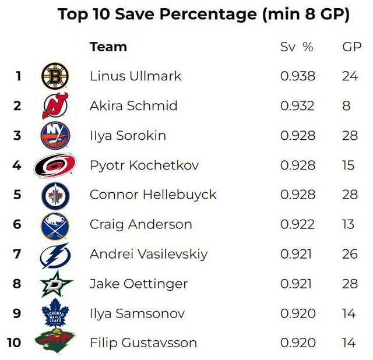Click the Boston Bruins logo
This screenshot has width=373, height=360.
coord(55,76)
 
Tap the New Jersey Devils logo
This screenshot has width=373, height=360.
coord(55,106)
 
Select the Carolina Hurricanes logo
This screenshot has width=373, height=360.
coord(55,165)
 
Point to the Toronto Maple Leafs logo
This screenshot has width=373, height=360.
coord(55,313)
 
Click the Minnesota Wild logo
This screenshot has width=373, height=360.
coord(55,342)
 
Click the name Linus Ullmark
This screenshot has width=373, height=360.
coord(135,76)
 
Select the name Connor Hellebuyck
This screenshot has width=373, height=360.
coord(153,195)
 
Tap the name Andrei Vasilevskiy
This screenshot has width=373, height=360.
coord(148,254)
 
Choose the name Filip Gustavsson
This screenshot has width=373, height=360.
coord(143,343)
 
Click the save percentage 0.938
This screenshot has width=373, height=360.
coord(297,76)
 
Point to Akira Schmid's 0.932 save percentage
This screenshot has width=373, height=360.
coord(297,106)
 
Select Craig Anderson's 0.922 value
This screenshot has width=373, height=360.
coord(297,224)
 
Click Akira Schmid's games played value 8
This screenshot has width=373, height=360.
coord(346,106)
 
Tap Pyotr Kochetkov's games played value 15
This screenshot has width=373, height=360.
coord(348,165)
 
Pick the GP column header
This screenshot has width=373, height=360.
coord(351,47)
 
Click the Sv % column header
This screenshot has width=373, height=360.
coord(297,47)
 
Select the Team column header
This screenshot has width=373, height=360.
coord(108,47)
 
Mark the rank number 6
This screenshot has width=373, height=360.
coord(17,224)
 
